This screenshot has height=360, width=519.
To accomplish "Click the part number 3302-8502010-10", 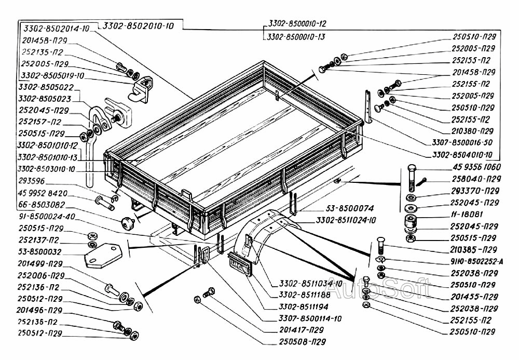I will click(x=139, y=26).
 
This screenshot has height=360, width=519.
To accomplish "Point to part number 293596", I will click(x=32, y=181).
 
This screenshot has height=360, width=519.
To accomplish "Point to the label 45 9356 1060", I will click(x=466, y=167).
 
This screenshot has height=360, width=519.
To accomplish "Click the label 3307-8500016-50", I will click(x=462, y=142).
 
